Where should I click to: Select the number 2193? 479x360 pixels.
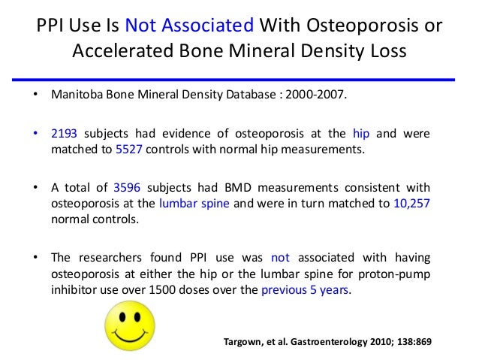pyautogui.click(x=65, y=134)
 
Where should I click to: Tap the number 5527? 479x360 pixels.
pyautogui.click(x=130, y=149)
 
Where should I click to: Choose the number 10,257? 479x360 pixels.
pyautogui.click(x=411, y=201)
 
